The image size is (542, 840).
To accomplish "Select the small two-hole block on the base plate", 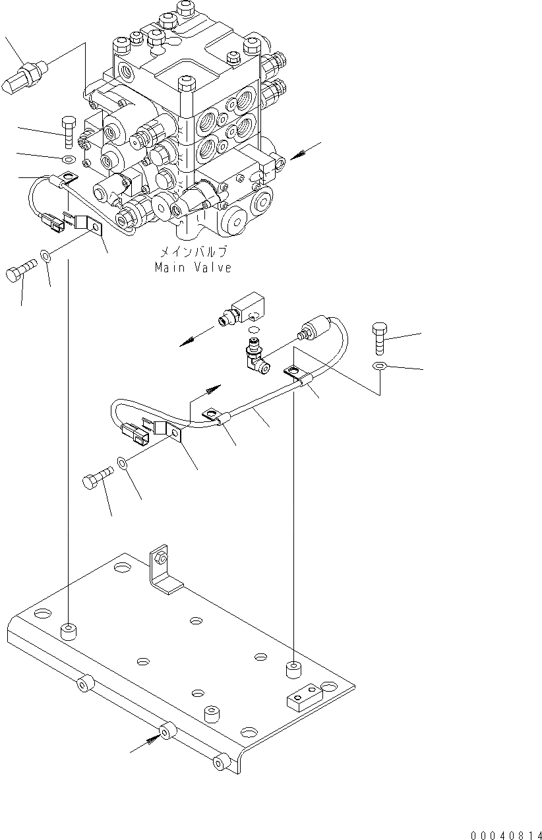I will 303,695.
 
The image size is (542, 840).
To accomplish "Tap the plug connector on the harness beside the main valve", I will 52,222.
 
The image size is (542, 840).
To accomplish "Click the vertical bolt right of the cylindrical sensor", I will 380,338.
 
